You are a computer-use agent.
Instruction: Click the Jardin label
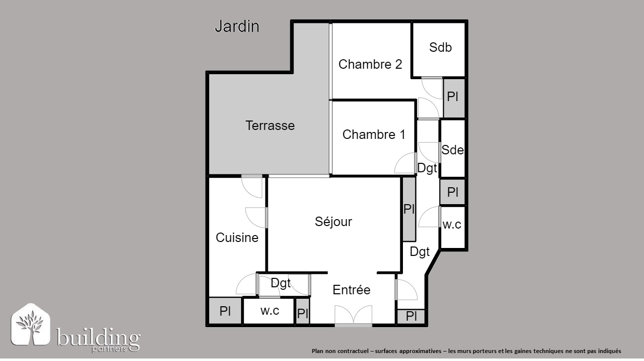pyautogui.click(x=237, y=26)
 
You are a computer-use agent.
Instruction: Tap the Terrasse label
pyautogui.click(x=270, y=125)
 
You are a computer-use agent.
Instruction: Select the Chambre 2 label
pyautogui.click(x=370, y=64)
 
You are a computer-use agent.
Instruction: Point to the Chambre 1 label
pyautogui.click(x=374, y=134)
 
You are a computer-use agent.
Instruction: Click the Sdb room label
pyautogui.click(x=440, y=47)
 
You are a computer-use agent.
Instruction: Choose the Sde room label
pyautogui.click(x=453, y=150)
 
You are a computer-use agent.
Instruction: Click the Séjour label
pyautogui.click(x=333, y=222)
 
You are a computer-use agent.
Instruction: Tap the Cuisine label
pyautogui.click(x=237, y=238)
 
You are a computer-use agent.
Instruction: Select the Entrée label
pyautogui.click(x=351, y=290)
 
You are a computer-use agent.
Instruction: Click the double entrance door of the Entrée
pyautogui.click(x=353, y=316)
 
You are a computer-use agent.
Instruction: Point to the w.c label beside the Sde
pyautogui.click(x=452, y=225)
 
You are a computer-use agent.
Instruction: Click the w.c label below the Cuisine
pyautogui.click(x=269, y=311)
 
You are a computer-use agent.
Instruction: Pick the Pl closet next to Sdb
pyautogui.click(x=454, y=98)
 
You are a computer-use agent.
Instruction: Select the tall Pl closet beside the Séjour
pyautogui.click(x=409, y=209)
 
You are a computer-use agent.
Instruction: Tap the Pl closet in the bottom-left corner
pyautogui.click(x=225, y=311)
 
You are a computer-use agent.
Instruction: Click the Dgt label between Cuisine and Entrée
pyautogui.click(x=280, y=284)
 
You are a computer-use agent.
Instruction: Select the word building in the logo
pyautogui.click(x=98, y=337)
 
